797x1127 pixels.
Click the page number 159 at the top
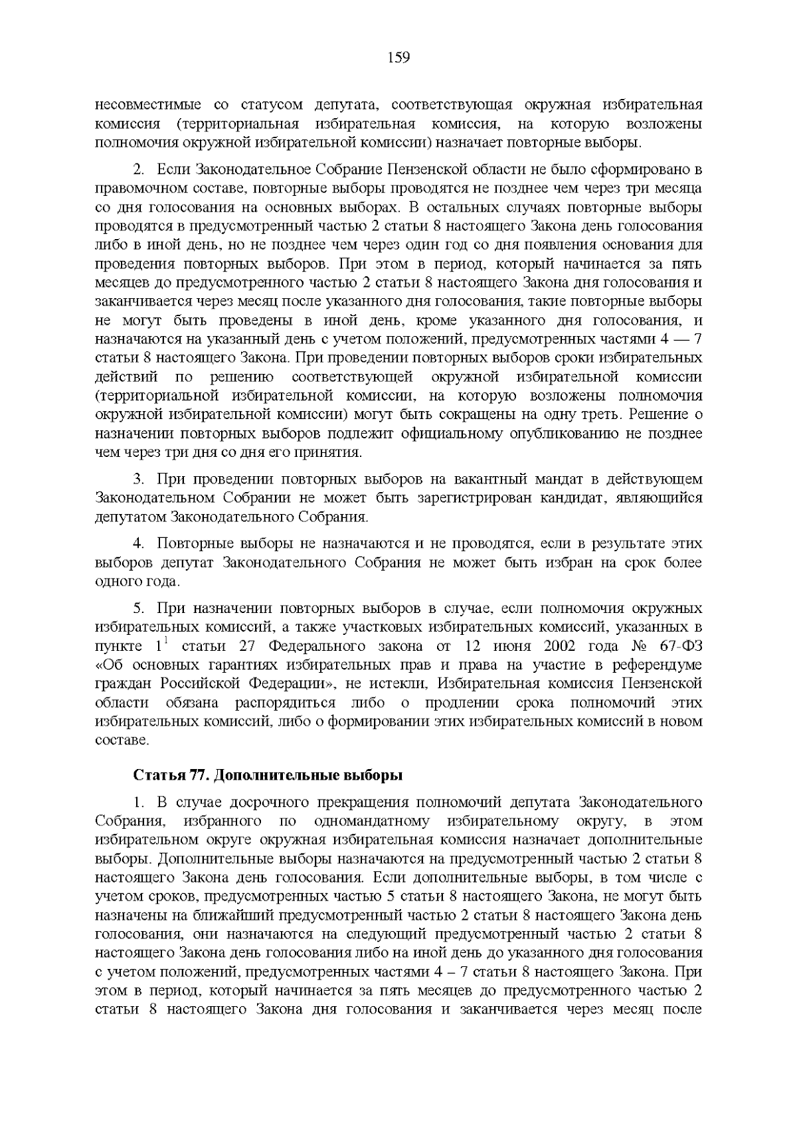398,58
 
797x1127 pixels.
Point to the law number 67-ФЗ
682,646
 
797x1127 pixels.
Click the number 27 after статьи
258,646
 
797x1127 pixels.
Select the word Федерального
328,646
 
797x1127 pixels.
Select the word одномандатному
375,821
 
